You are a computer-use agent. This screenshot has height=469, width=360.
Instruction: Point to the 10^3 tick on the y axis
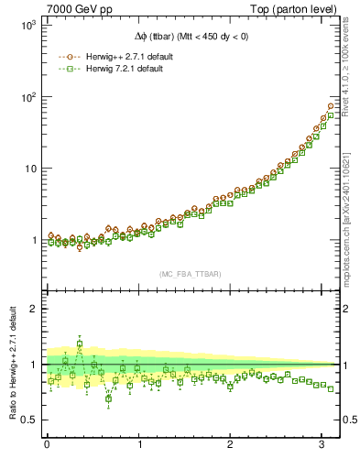27,26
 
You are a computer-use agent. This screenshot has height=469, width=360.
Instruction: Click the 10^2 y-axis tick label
27,97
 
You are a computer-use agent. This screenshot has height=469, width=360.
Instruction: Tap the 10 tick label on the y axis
28,169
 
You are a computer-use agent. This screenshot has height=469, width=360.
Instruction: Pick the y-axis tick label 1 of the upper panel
32,240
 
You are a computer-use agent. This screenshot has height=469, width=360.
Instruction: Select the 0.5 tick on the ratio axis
27,420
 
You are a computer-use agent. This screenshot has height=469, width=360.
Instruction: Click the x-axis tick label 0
47,444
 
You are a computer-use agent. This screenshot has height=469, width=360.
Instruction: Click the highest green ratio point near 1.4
80,344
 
